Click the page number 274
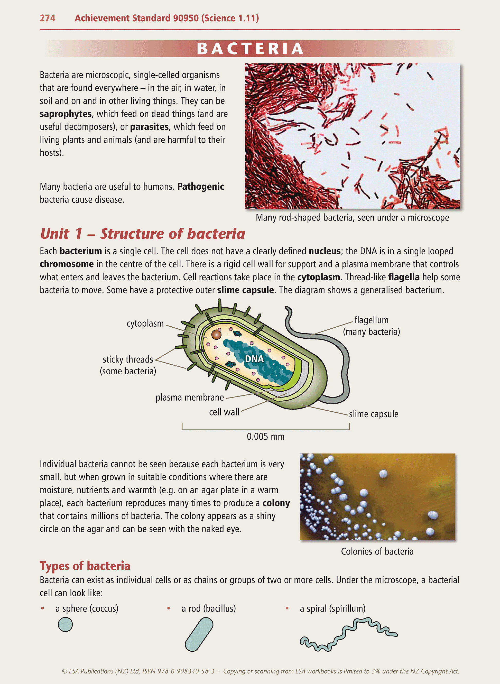[x=47, y=18]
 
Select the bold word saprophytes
[x=65, y=114]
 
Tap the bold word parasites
[x=149, y=127]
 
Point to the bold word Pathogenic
[x=201, y=187]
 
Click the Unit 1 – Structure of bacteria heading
[x=143, y=234]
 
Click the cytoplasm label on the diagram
[x=145, y=323]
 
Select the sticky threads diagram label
[x=128, y=359]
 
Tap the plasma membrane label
[x=189, y=398]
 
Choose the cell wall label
[x=224, y=412]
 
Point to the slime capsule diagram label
[x=374, y=414]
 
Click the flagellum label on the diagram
[x=371, y=320]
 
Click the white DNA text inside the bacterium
[x=254, y=359]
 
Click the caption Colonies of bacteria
[x=377, y=551]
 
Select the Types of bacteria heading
[x=85, y=566]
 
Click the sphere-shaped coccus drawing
[x=65, y=624]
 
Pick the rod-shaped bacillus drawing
[x=199, y=634]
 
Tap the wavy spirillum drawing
[x=348, y=634]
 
